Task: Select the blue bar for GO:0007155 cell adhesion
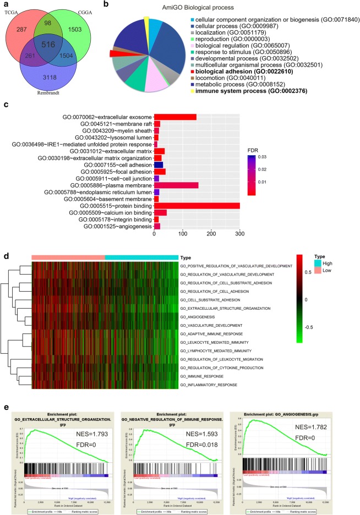(x=159, y=165)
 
